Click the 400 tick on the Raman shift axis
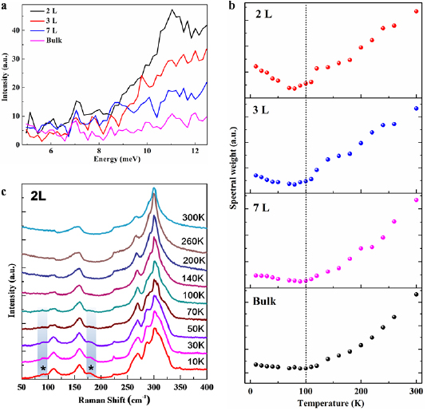(x=206, y=388)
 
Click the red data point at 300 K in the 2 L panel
(x=416, y=11)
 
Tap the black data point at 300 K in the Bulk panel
(x=416, y=294)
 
